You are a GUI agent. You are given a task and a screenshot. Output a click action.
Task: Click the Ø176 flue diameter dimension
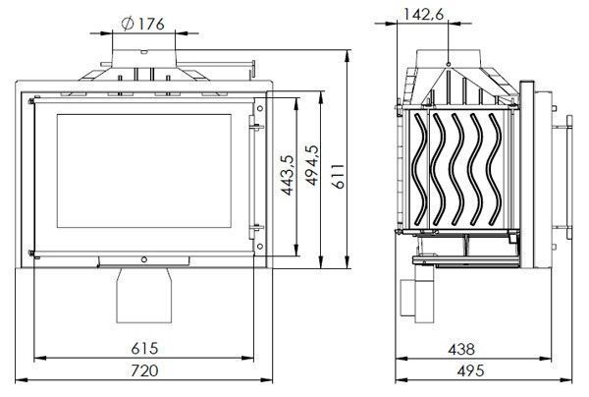143,24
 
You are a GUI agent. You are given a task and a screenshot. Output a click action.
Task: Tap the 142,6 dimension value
423,14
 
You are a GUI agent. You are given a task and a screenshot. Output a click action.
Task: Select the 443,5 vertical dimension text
288,175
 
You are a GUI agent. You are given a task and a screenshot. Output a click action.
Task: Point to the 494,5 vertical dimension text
312,165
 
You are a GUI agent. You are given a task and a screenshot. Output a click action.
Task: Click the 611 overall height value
338,176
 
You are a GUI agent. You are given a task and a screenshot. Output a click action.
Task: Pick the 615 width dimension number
144,349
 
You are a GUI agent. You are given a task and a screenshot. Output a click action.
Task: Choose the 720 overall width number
144,370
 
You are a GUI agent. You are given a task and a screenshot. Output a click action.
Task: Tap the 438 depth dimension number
461,349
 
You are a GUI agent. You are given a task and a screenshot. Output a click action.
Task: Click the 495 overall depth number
470,371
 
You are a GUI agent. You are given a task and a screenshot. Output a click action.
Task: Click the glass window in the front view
144,171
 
